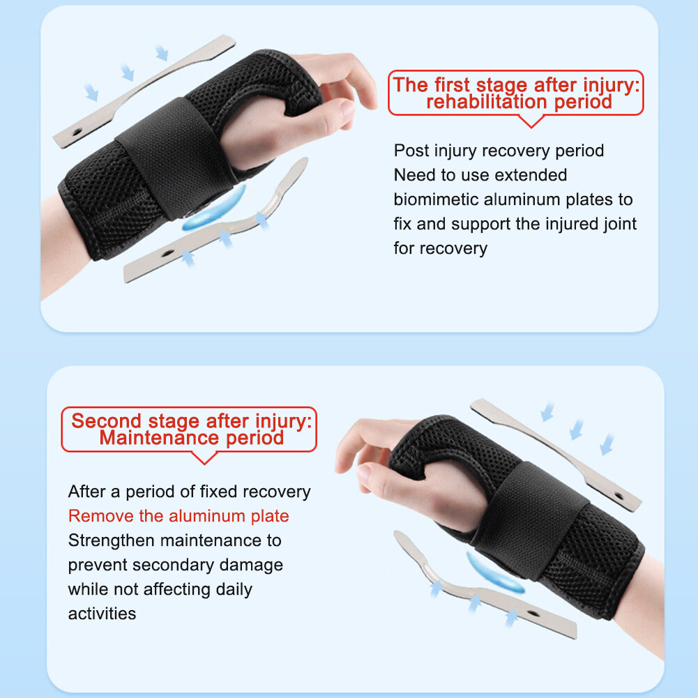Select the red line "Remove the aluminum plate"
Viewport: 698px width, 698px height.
point(179,516)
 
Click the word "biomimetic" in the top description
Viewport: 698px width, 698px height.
point(437,199)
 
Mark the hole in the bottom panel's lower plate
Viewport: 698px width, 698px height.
point(533,614)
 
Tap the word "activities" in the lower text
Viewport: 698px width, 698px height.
point(102,614)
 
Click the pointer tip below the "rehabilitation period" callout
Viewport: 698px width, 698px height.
point(532,126)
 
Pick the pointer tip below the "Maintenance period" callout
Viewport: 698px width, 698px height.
point(204,462)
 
